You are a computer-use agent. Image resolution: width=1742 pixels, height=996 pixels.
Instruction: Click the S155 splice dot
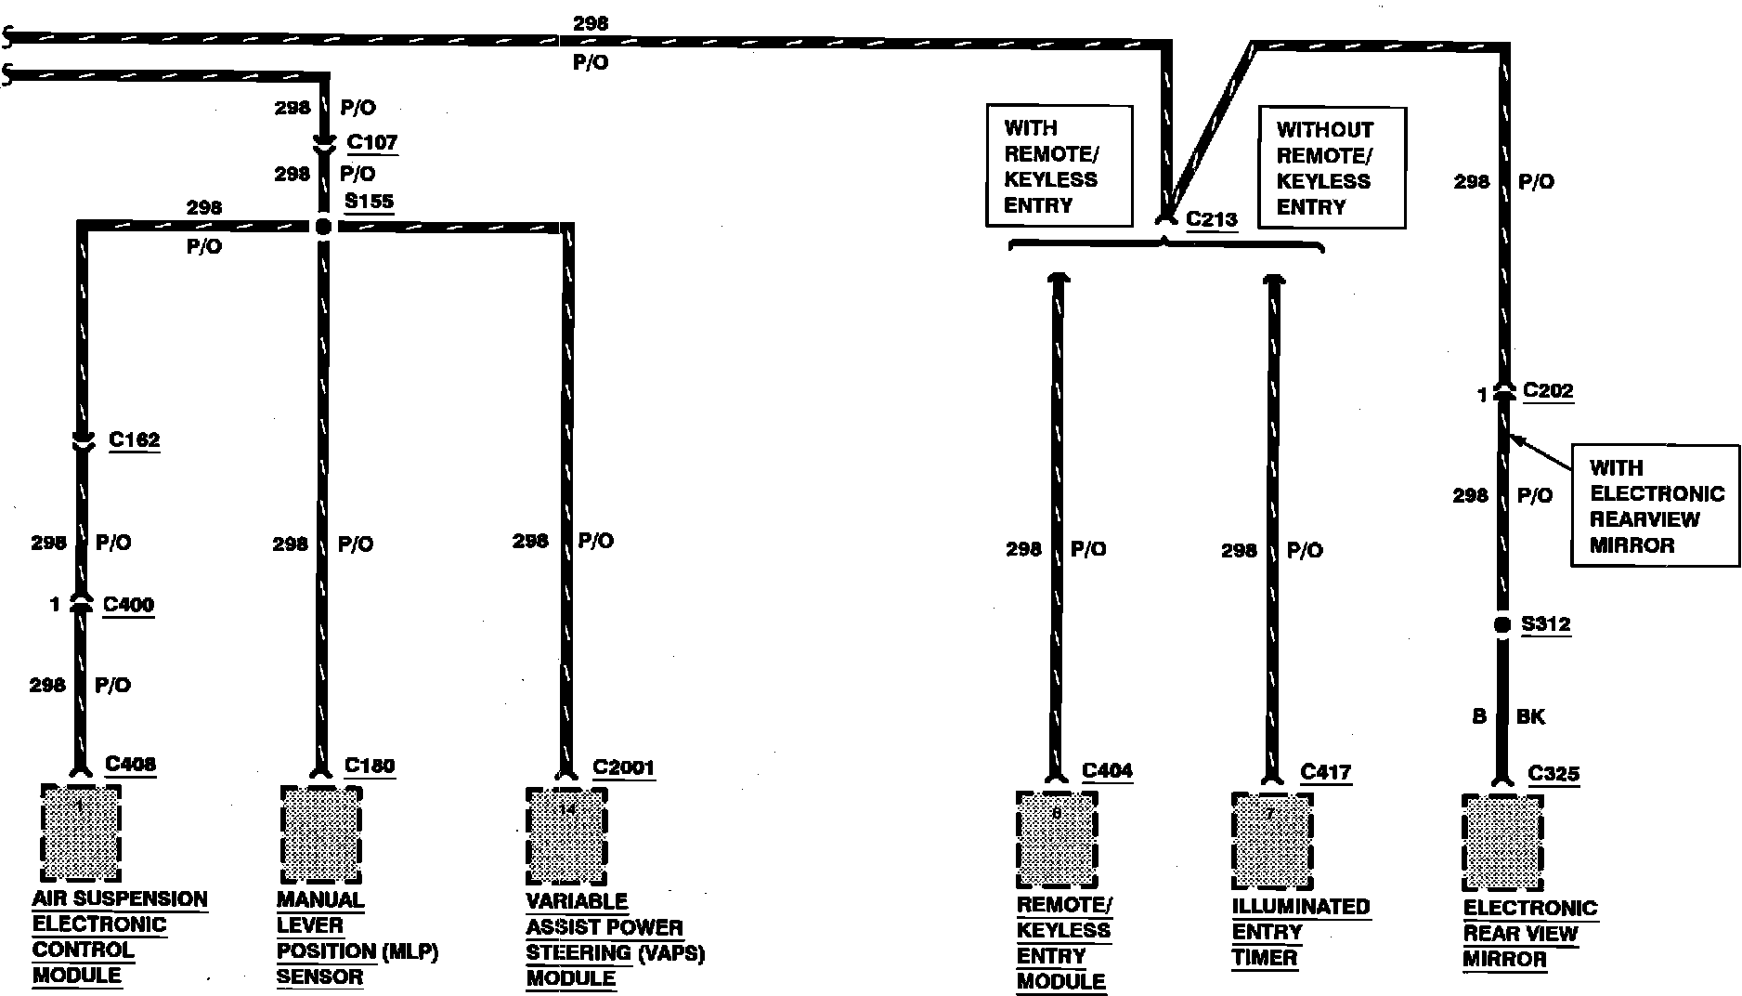click(322, 226)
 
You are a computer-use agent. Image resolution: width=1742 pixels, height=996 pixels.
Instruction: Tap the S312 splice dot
click(1502, 625)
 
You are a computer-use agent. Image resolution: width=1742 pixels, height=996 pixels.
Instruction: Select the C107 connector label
click(371, 143)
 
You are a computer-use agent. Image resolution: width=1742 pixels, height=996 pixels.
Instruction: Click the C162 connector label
click(134, 439)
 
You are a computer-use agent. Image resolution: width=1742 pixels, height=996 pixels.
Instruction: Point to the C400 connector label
click(128, 605)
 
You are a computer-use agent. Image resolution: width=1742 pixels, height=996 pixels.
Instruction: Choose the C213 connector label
click(1211, 220)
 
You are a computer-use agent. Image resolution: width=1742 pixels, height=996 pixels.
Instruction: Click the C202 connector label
click(1548, 391)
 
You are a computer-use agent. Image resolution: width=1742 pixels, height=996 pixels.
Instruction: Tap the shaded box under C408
click(81, 833)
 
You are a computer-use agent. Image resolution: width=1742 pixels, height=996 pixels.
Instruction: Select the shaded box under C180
click(320, 835)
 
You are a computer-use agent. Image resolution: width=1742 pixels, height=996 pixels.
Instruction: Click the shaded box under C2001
click(566, 836)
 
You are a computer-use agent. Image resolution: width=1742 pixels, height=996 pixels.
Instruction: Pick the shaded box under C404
click(1057, 840)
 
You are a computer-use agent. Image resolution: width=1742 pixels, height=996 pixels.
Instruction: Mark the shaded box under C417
click(1272, 842)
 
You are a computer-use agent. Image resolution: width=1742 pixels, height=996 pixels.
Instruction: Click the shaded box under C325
click(1502, 844)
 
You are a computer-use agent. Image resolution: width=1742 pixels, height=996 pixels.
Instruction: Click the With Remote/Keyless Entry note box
click(1059, 166)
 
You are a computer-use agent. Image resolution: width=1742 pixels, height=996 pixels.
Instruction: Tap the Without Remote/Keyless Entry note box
click(1331, 168)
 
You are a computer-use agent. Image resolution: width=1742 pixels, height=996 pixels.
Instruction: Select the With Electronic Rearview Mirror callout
click(1655, 506)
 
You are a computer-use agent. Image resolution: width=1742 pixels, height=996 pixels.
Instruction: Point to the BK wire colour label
click(1530, 716)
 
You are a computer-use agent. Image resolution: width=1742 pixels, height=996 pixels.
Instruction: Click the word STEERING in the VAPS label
click(581, 953)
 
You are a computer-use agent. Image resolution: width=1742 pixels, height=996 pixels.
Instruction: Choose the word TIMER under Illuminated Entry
click(1264, 958)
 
